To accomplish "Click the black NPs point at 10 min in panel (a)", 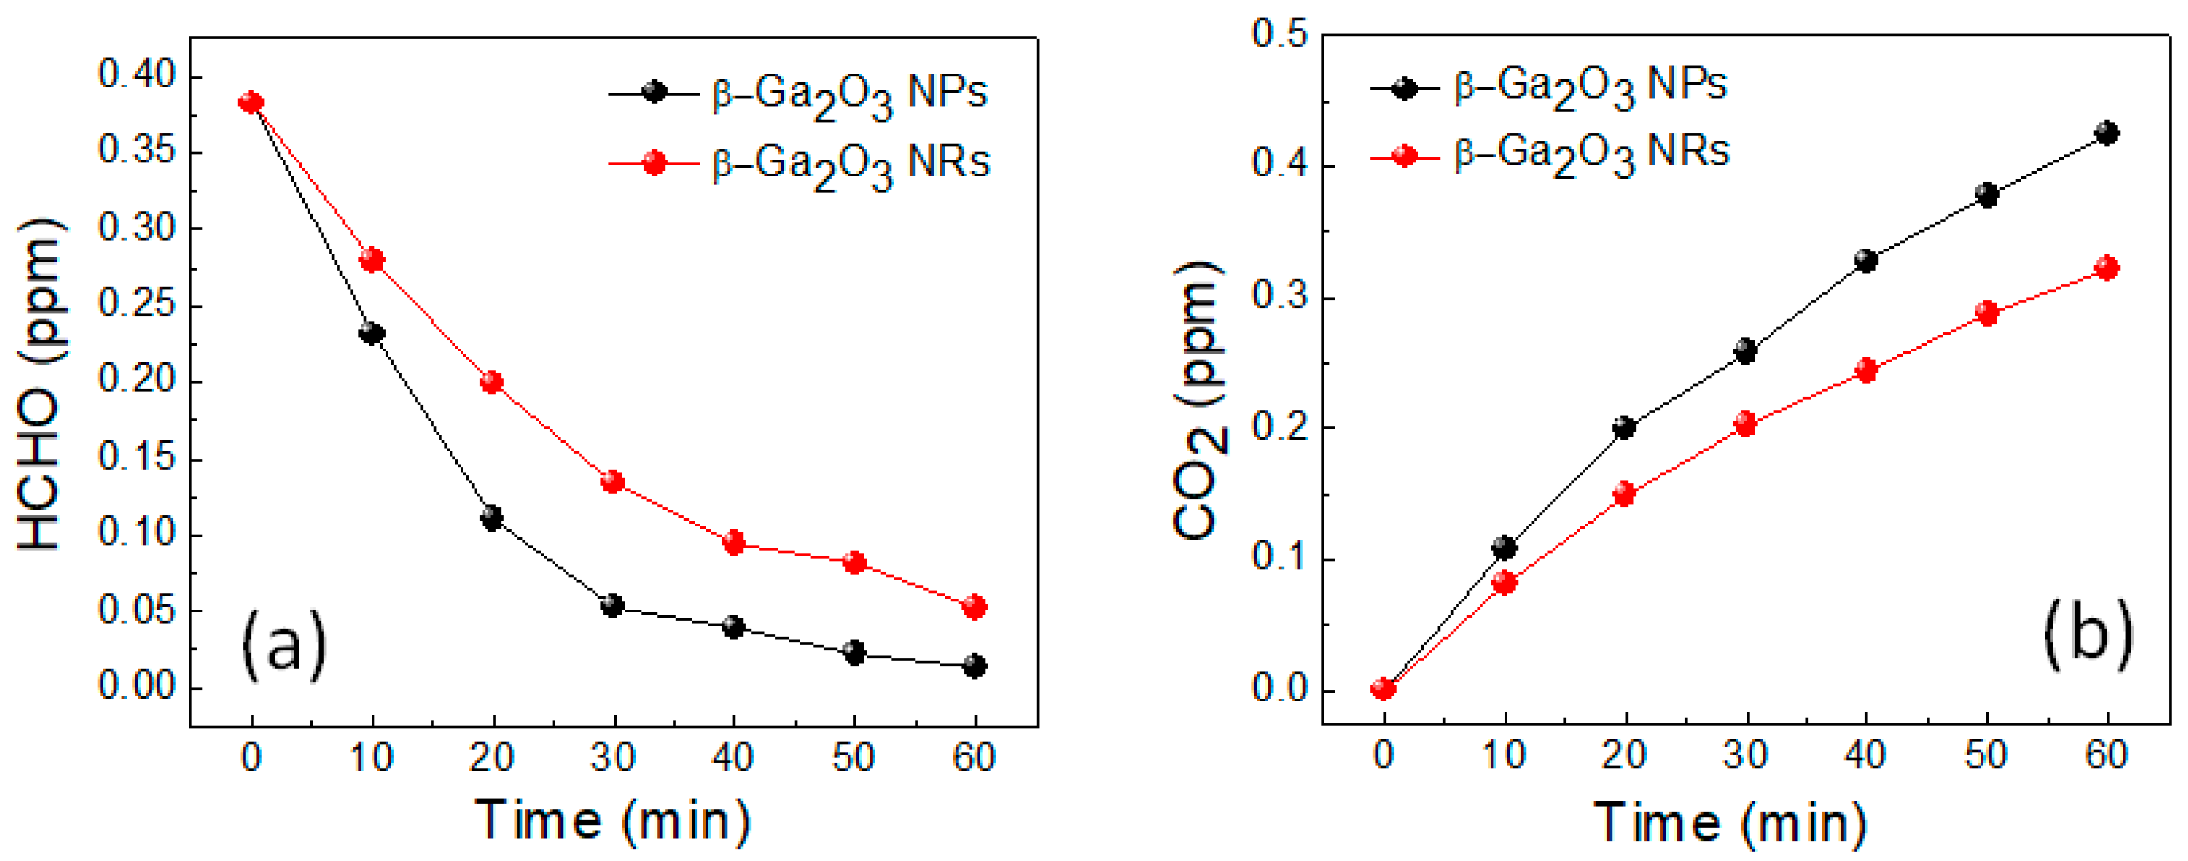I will (372, 333).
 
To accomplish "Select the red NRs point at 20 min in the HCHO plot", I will (491, 382).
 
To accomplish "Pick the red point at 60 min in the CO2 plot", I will (2106, 268).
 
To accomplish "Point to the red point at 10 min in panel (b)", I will (1505, 582).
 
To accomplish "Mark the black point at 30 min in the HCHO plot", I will (612, 607).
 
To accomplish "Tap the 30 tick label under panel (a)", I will (612, 757).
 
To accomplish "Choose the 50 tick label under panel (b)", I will (1986, 755).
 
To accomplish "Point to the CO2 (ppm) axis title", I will (1199, 399).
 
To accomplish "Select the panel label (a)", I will (284, 646).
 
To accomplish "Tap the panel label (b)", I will (2088, 635).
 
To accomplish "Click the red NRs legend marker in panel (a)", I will (653, 162).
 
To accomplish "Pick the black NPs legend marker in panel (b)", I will (1405, 87).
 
